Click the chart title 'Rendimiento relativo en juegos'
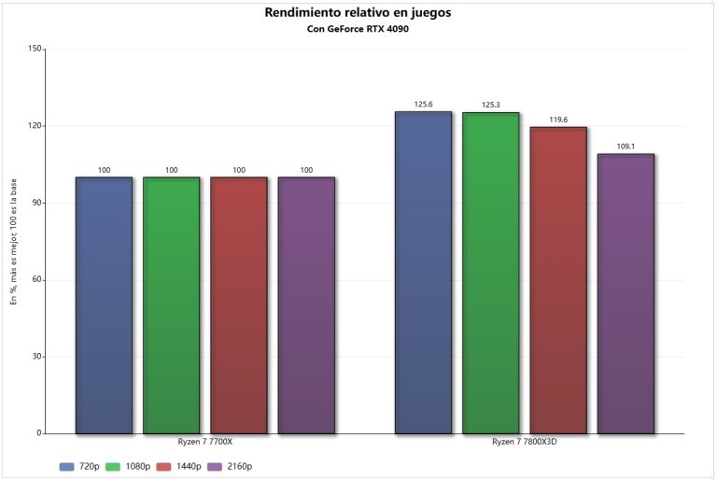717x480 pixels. (x=358, y=12)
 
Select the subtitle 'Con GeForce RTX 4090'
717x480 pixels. (x=358, y=29)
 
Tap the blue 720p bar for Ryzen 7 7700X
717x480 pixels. (x=104, y=305)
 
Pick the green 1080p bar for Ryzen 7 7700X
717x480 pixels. (x=171, y=305)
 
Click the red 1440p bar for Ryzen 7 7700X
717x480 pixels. (x=239, y=305)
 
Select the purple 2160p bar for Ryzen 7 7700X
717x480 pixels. (x=306, y=305)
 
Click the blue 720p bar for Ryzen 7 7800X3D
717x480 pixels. (x=423, y=273)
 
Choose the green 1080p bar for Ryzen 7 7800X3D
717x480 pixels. (x=491, y=274)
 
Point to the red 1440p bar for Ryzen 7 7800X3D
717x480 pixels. (x=558, y=280)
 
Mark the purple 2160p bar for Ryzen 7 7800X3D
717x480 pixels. (x=626, y=294)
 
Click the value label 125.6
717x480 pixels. (x=423, y=105)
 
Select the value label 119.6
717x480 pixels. (x=558, y=120)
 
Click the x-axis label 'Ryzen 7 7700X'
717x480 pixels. (x=205, y=441)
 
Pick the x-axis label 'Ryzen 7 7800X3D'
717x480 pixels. (x=525, y=441)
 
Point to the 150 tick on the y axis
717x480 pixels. (x=36, y=49)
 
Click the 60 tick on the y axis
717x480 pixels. (x=38, y=280)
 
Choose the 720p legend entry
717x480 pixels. (x=80, y=466)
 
